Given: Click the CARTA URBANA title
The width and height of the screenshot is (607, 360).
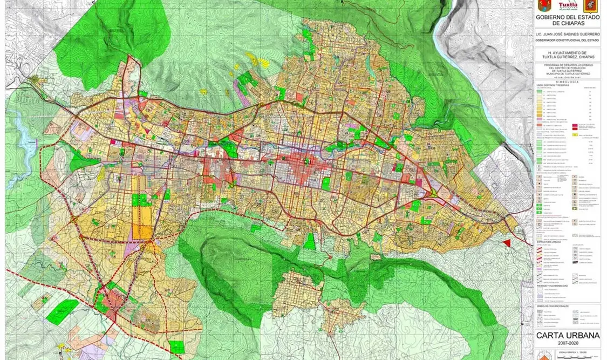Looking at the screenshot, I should pyautogui.click(x=567, y=336).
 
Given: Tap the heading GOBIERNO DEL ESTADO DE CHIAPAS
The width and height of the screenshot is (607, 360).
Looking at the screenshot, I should pyautogui.click(x=567, y=21).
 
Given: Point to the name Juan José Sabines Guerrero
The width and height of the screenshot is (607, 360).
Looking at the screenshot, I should pyautogui.click(x=567, y=33).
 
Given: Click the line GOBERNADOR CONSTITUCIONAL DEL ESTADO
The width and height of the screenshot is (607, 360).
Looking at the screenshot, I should pyautogui.click(x=567, y=40).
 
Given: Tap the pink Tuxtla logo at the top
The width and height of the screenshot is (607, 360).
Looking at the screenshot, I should pyautogui.click(x=567, y=6).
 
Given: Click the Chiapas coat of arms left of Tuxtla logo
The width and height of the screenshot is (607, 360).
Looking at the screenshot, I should pyautogui.click(x=544, y=6).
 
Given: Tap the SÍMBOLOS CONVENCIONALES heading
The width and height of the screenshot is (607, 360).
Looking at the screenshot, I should pyautogui.click(x=553, y=307).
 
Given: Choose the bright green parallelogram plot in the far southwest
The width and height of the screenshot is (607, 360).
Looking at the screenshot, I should pyautogui.click(x=62, y=311).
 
